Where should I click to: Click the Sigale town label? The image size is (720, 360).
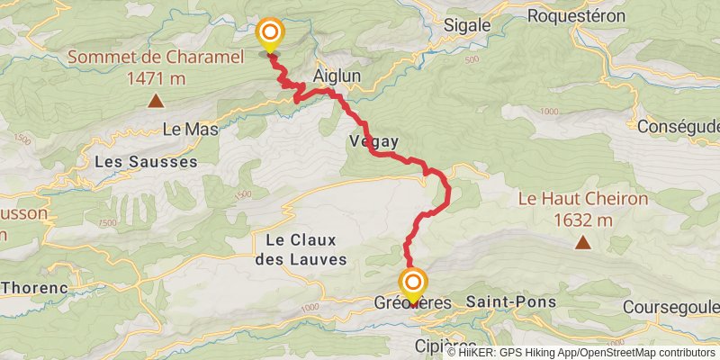(467, 26)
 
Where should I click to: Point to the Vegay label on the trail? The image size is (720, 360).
(373, 141)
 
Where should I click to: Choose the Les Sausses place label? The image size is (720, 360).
(146, 162)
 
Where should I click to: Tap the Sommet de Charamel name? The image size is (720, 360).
(156, 58)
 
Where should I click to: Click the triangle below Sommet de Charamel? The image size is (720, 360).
(156, 102)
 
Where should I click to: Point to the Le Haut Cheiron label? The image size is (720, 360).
(583, 199)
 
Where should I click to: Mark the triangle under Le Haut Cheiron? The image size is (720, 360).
(584, 242)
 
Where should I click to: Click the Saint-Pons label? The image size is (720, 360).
(511, 302)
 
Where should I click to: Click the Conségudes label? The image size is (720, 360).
(679, 127)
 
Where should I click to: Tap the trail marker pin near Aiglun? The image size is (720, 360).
(270, 36)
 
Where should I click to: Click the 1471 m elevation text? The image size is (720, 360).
(156, 78)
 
